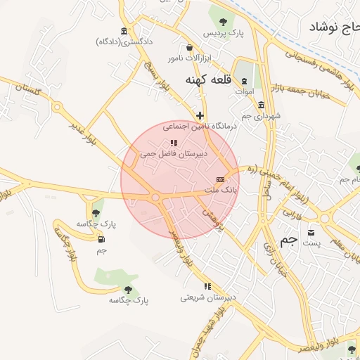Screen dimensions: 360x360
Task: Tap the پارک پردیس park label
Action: point(223,33)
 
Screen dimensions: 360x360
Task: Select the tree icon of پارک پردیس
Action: point(223,21)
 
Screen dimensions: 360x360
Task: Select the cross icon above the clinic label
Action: point(200,115)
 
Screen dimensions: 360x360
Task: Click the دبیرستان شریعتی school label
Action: point(207,297)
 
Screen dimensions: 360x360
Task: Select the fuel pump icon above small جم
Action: point(101,239)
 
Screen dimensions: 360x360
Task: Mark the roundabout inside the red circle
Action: point(155,198)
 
